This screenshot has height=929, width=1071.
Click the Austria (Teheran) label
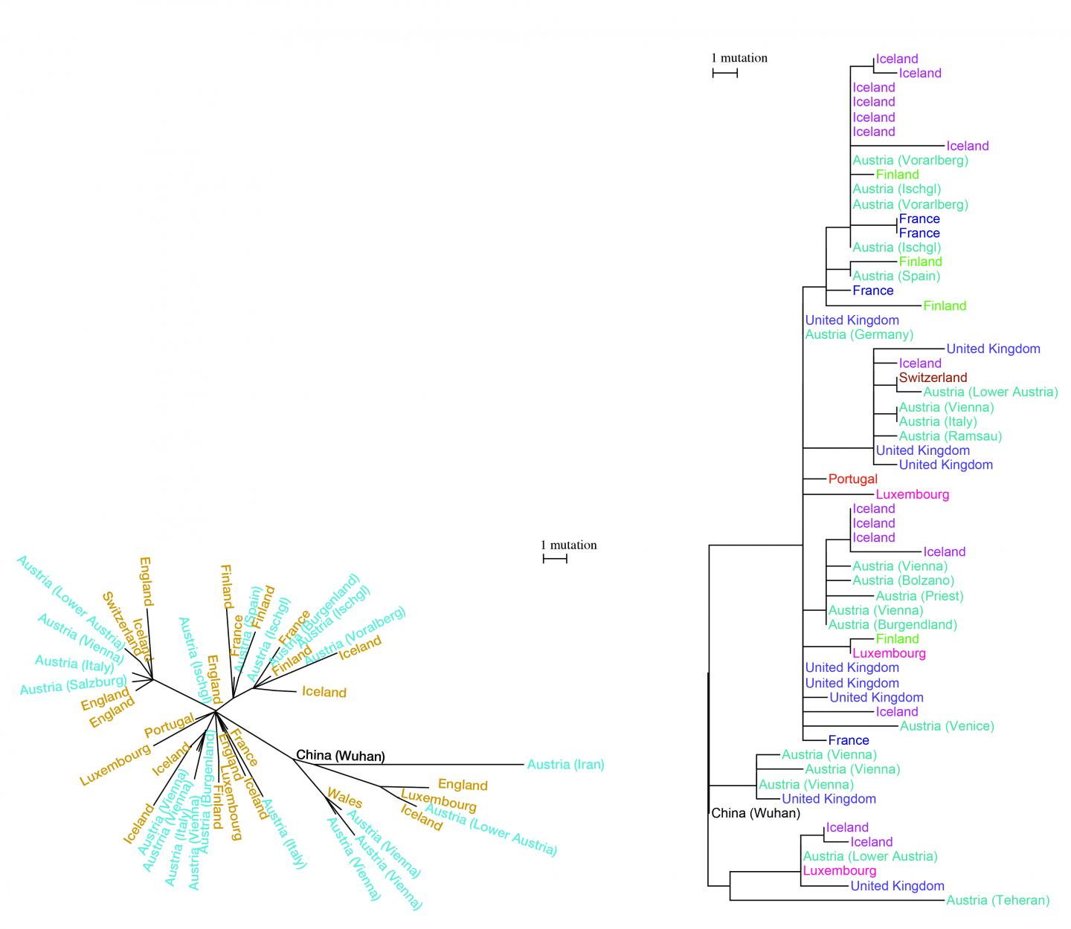[997, 900]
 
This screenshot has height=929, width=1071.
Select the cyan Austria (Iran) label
[565, 764]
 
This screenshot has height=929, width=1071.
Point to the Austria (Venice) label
[947, 726]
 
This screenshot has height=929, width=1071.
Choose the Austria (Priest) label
[919, 595]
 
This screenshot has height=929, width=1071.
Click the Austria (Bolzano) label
[903, 580]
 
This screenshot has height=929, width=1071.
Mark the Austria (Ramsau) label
[950, 436]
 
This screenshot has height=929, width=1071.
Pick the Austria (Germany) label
[859, 334]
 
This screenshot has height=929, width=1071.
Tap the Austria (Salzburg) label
[73, 684]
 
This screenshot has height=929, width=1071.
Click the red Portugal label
[852, 479]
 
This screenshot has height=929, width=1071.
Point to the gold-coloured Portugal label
[170, 725]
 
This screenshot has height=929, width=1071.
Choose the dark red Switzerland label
[933, 378]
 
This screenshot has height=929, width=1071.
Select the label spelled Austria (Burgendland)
[892, 624]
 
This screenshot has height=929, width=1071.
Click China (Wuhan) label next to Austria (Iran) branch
[340, 756]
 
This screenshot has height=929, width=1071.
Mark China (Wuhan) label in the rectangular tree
[756, 813]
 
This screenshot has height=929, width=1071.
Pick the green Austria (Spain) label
[896, 276]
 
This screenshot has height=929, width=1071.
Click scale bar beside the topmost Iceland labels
[725, 73]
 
